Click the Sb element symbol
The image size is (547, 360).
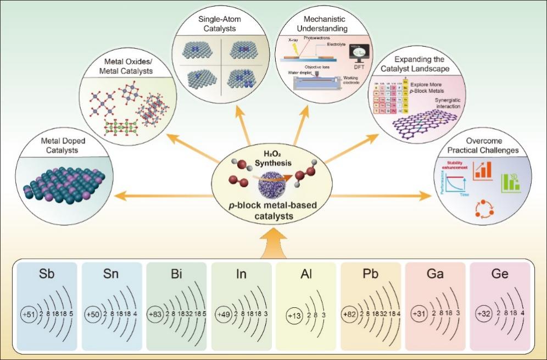(x=47, y=274)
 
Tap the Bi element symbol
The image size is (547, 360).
(x=176, y=274)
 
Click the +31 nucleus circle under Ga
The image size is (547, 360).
(x=422, y=314)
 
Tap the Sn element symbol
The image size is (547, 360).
(x=111, y=274)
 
